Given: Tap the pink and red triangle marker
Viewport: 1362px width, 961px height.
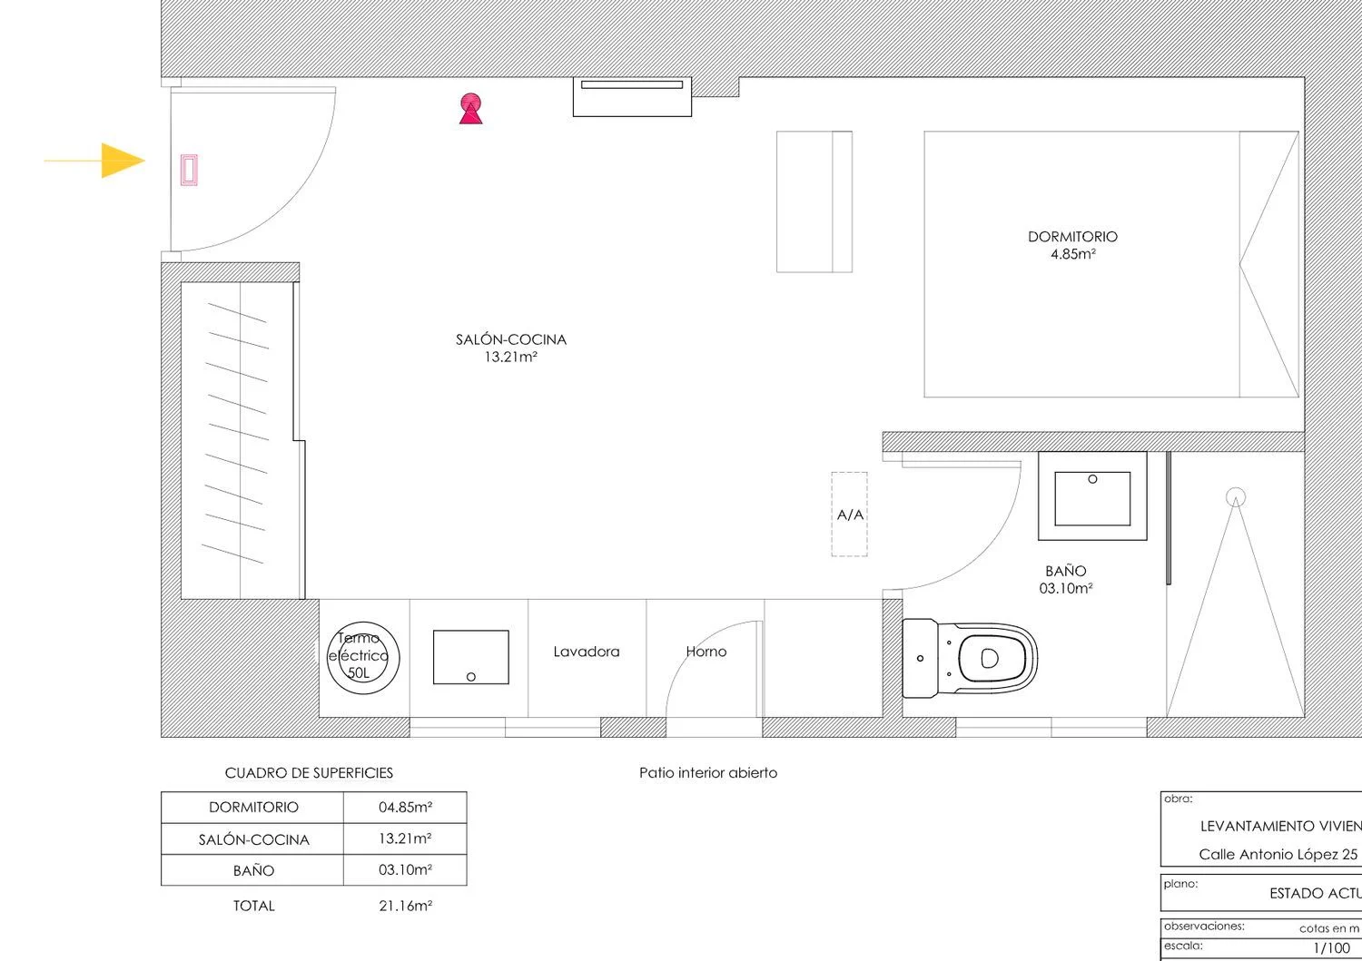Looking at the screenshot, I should (x=470, y=109).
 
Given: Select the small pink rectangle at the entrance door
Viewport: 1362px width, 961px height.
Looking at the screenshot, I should (x=189, y=171).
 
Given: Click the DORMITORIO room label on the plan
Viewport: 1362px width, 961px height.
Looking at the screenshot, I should (x=1072, y=237).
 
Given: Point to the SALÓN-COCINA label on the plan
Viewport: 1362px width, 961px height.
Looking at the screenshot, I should (x=510, y=339).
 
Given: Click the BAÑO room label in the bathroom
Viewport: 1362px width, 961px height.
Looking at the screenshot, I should (x=1065, y=572).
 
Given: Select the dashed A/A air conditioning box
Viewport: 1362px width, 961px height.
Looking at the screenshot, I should (x=849, y=515).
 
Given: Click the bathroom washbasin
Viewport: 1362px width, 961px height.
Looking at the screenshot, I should (x=1092, y=498).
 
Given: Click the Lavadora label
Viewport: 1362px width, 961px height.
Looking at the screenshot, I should (x=587, y=652).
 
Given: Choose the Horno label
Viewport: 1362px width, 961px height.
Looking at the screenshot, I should (x=706, y=652).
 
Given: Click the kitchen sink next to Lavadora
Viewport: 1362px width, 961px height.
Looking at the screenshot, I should (x=470, y=657).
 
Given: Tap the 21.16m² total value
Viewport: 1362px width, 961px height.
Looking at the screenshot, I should (x=405, y=906).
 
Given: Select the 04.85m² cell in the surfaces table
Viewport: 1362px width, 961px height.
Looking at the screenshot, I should (x=405, y=807).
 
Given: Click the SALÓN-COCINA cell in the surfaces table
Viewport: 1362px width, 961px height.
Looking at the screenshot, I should (x=253, y=839).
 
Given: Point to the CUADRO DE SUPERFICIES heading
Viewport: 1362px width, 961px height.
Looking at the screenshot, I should (x=309, y=773).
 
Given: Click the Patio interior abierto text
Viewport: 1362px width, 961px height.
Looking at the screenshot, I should (x=708, y=773).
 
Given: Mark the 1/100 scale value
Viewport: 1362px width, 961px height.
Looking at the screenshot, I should (x=1331, y=947).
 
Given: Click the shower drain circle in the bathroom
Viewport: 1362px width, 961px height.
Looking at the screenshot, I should (x=1235, y=497).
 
